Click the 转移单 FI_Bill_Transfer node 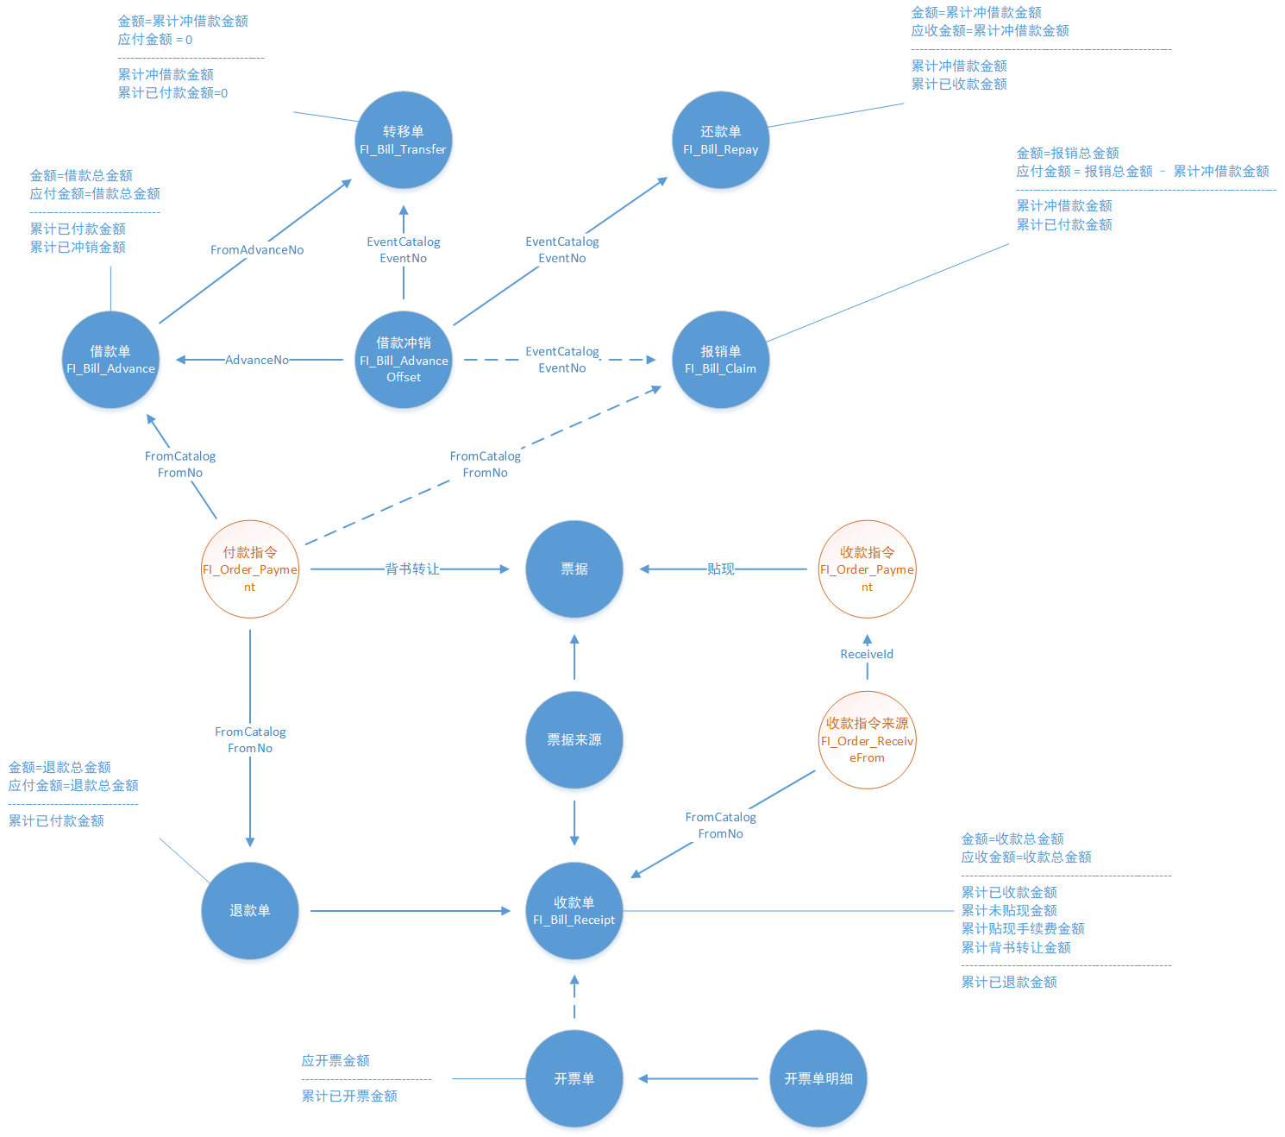click(404, 140)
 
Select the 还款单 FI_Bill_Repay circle click(720, 140)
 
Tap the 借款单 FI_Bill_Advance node click(110, 360)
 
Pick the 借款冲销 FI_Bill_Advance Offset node click(404, 360)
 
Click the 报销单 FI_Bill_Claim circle click(720, 360)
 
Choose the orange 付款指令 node click(250, 569)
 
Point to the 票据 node click(574, 569)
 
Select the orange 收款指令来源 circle click(867, 740)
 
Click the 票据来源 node click(574, 740)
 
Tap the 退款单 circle click(250, 911)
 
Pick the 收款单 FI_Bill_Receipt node click(574, 911)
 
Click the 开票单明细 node click(818, 1078)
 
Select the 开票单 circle click(574, 1078)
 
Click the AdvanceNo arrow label click(257, 360)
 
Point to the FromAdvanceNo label click(257, 250)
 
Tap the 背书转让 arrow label click(412, 569)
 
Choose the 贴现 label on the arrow click(721, 569)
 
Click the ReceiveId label click(867, 654)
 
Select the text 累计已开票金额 click(349, 1096)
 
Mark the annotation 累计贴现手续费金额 click(1023, 929)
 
